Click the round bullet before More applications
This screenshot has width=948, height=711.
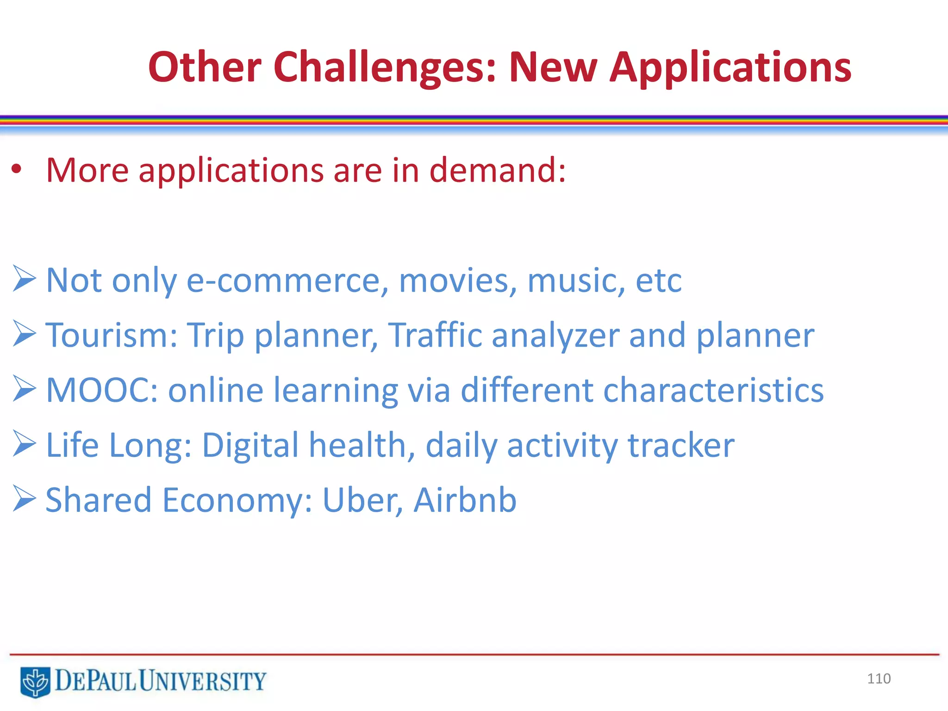17,170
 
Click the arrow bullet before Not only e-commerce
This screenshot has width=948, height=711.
24,279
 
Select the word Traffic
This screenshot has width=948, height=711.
435,335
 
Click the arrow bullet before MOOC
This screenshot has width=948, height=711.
24,388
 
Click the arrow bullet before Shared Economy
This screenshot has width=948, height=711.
24,498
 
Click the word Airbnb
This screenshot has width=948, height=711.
465,500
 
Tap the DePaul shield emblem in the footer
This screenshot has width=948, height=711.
35,682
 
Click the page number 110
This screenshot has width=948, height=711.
879,679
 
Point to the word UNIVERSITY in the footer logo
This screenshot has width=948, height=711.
203,681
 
